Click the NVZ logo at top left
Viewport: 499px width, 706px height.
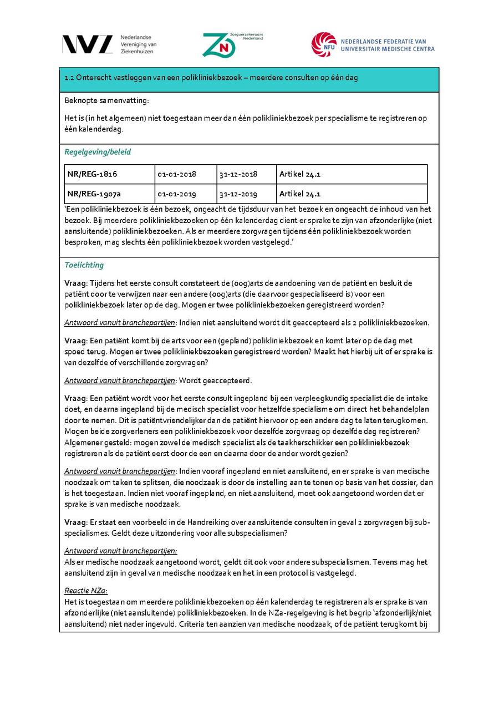coord(87,44)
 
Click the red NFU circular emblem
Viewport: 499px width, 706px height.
coord(324,45)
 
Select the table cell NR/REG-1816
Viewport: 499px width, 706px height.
coord(91,174)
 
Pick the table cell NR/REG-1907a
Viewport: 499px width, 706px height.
coord(94,194)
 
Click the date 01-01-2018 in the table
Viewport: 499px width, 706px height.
coord(177,174)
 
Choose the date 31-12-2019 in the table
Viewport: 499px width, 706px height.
coord(238,194)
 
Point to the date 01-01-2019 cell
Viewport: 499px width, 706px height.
coord(177,194)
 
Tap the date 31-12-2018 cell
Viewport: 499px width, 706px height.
coord(238,174)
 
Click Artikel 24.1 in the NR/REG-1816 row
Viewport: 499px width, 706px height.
coord(300,174)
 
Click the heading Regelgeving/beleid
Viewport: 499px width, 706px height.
coord(98,152)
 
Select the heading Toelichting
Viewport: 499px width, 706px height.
coord(84,265)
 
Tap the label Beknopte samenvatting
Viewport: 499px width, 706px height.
coord(106,100)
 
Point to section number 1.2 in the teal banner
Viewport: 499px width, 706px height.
coord(69,78)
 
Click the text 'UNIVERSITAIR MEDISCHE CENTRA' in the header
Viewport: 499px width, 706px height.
coord(388,49)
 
